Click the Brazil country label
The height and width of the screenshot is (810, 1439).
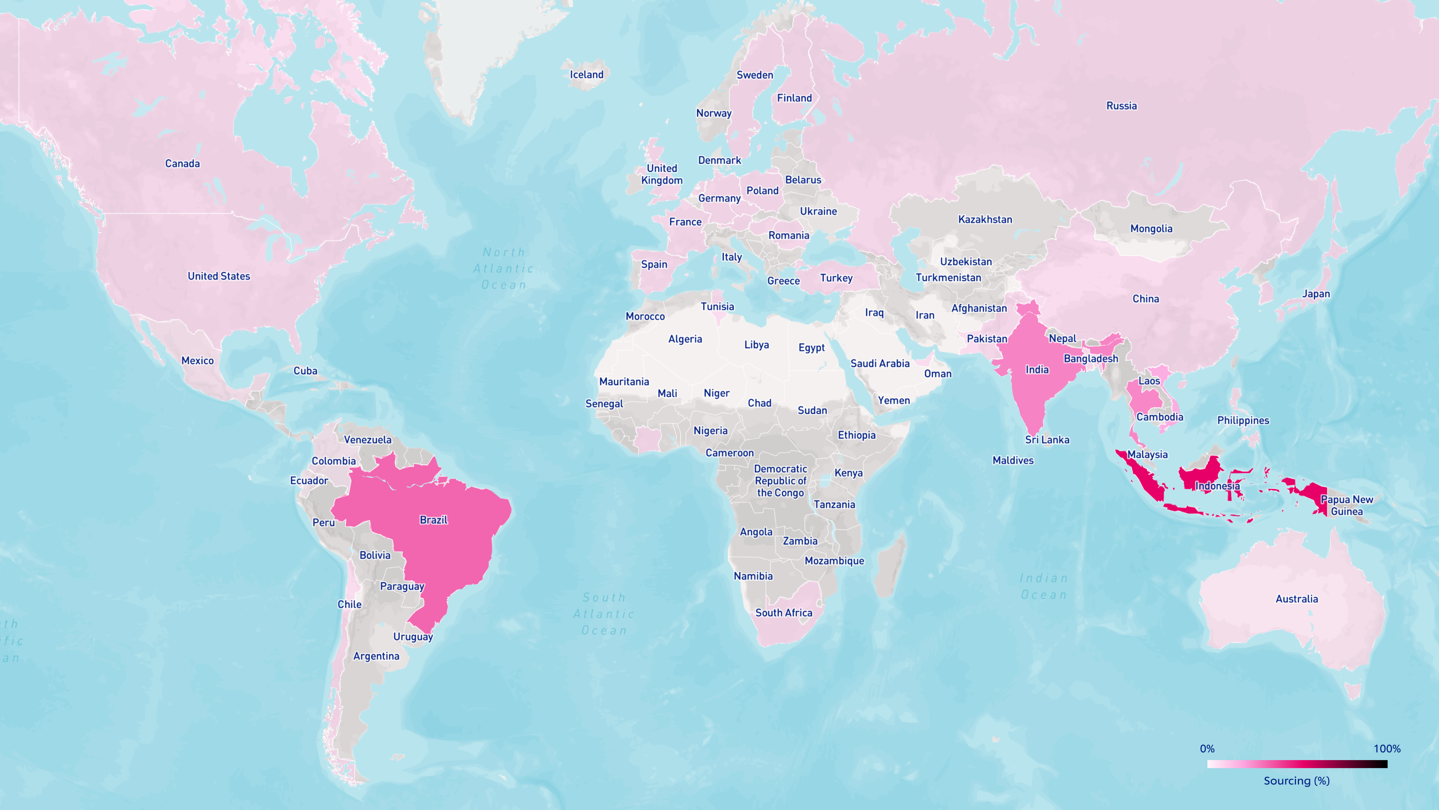433,520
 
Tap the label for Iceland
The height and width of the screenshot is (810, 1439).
586,74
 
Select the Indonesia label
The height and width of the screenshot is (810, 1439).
1217,486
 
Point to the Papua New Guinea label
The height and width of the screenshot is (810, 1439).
1346,505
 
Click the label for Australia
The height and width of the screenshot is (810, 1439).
1296,598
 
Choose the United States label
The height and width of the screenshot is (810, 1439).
219,276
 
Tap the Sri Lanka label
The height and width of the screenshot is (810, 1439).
1047,440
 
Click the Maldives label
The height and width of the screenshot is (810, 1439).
1013,461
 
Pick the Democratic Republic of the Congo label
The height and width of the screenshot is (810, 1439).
780,481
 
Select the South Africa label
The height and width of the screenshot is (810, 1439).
784,612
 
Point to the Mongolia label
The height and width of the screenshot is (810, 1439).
1151,229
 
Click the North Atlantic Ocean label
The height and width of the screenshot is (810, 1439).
504,268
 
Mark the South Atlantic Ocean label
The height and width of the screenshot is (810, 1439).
604,614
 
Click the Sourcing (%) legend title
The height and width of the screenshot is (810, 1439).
1296,781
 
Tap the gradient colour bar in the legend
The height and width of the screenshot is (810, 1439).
1297,764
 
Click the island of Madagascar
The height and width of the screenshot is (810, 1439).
890,565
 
